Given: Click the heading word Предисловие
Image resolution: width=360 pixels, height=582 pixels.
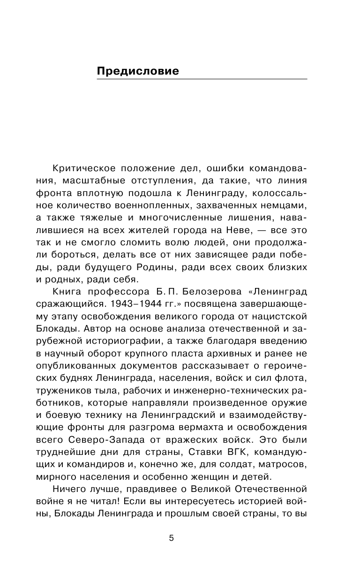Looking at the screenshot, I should [137, 71].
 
